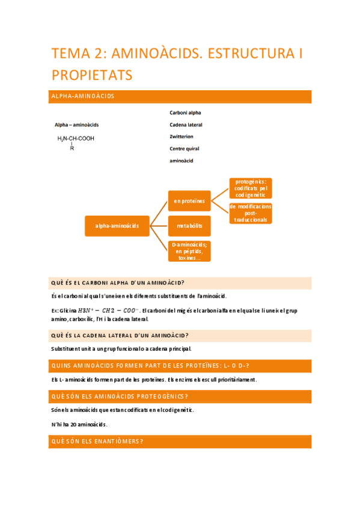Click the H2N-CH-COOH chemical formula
point(76,138)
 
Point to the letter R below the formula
point(72,148)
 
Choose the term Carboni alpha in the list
point(185,112)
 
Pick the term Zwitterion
point(182,137)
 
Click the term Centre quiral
point(185,149)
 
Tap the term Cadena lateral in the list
point(186,124)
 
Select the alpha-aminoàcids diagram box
point(117,226)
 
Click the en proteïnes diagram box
point(189,201)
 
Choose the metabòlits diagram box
point(189,226)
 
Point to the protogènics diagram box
point(251,188)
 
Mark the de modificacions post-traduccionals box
point(251,213)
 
